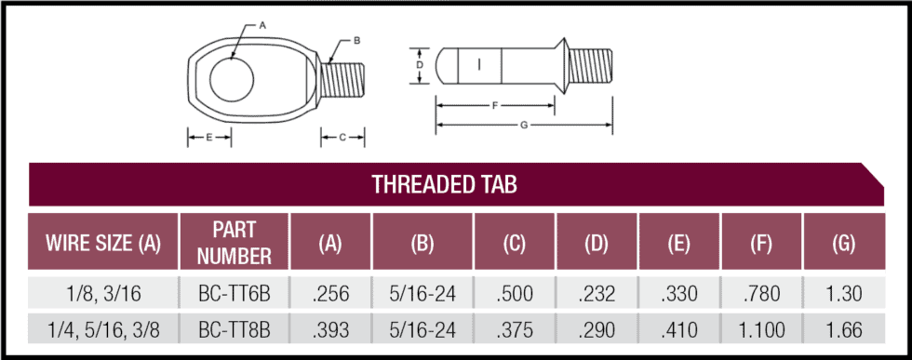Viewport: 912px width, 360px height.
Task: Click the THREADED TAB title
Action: pyautogui.click(x=444, y=184)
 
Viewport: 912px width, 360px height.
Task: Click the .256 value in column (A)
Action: pyautogui.click(x=330, y=295)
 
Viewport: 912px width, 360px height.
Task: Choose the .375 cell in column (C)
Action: pyautogui.click(x=515, y=329)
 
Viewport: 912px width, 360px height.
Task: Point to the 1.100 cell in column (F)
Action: pyautogui.click(x=762, y=329)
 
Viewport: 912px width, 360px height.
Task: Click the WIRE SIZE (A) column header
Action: pyautogui.click(x=103, y=244)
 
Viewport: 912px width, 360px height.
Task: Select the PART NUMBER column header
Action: pyautogui.click(x=234, y=243)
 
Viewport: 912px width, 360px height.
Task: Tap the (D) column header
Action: pyautogui.click(x=597, y=244)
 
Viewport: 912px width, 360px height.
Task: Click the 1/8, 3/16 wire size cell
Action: pyautogui.click(x=103, y=295)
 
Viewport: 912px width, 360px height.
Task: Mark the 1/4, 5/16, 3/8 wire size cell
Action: pyautogui.click(x=103, y=329)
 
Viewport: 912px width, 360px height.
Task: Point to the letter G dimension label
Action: pyautogui.click(x=524, y=125)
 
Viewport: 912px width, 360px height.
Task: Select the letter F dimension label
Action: pyautogui.click(x=494, y=106)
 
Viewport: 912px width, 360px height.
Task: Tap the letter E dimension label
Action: pyautogui.click(x=209, y=138)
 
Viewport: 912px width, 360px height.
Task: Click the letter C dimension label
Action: pyautogui.click(x=342, y=138)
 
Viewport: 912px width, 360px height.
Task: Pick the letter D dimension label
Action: pyautogui.click(x=420, y=65)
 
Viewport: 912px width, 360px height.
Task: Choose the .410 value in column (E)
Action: pyautogui.click(x=677, y=329)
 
